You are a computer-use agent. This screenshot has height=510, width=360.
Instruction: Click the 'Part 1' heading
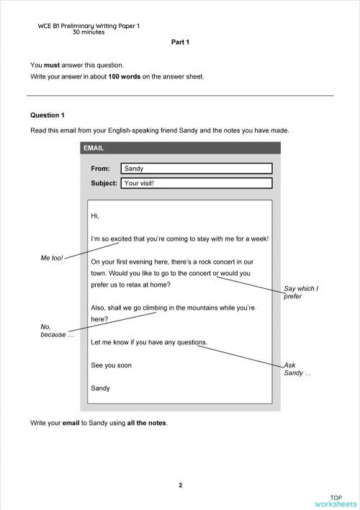(x=179, y=42)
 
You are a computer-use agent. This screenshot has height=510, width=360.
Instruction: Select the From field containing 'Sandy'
(x=197, y=169)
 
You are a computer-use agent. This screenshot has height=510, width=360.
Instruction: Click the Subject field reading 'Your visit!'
(x=197, y=183)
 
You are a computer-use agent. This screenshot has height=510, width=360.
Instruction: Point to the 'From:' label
(x=100, y=169)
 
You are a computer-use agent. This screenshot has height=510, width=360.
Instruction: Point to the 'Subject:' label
(x=104, y=183)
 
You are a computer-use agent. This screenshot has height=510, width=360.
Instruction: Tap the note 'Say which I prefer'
(x=301, y=292)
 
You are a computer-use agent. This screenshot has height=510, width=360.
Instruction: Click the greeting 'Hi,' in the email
(x=95, y=216)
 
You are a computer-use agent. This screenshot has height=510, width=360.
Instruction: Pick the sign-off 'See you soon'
(x=111, y=365)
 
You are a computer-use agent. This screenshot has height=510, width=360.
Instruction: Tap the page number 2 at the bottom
(x=180, y=485)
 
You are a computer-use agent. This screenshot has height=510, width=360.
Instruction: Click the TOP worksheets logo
(x=335, y=500)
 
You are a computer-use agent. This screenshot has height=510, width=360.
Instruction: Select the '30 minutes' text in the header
(x=89, y=32)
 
